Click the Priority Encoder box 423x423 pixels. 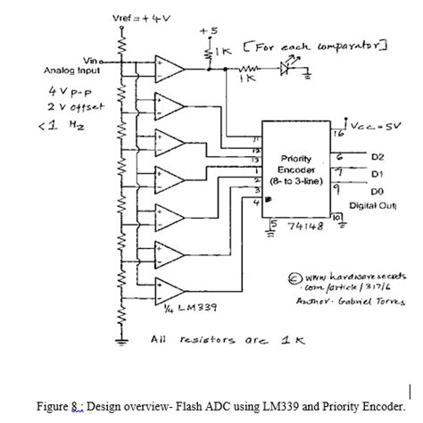click(295, 169)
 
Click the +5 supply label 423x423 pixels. click(207, 30)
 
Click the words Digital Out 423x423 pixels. click(374, 206)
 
